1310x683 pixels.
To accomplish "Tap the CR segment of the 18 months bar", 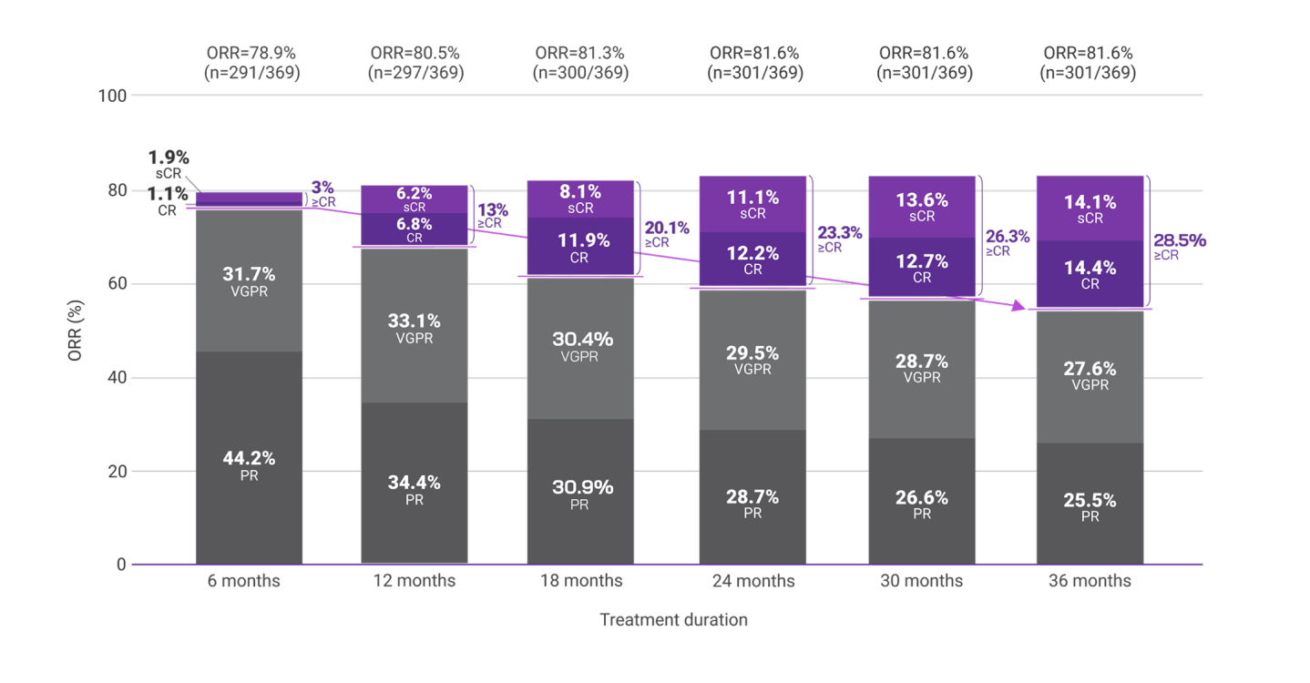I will tap(580, 248).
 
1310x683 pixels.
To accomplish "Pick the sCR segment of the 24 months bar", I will tap(752, 204).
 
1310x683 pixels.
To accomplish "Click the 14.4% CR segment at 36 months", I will tap(1090, 275).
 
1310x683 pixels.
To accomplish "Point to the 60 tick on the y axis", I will tap(118, 284).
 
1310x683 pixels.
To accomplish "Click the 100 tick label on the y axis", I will tap(113, 95).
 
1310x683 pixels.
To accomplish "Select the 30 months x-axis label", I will tap(922, 581).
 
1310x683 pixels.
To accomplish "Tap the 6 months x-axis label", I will tap(249, 581).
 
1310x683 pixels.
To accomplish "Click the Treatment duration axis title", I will tap(673, 620).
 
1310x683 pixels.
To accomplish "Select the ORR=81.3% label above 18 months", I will tap(580, 53).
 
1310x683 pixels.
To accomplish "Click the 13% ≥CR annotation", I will tap(492, 215).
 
